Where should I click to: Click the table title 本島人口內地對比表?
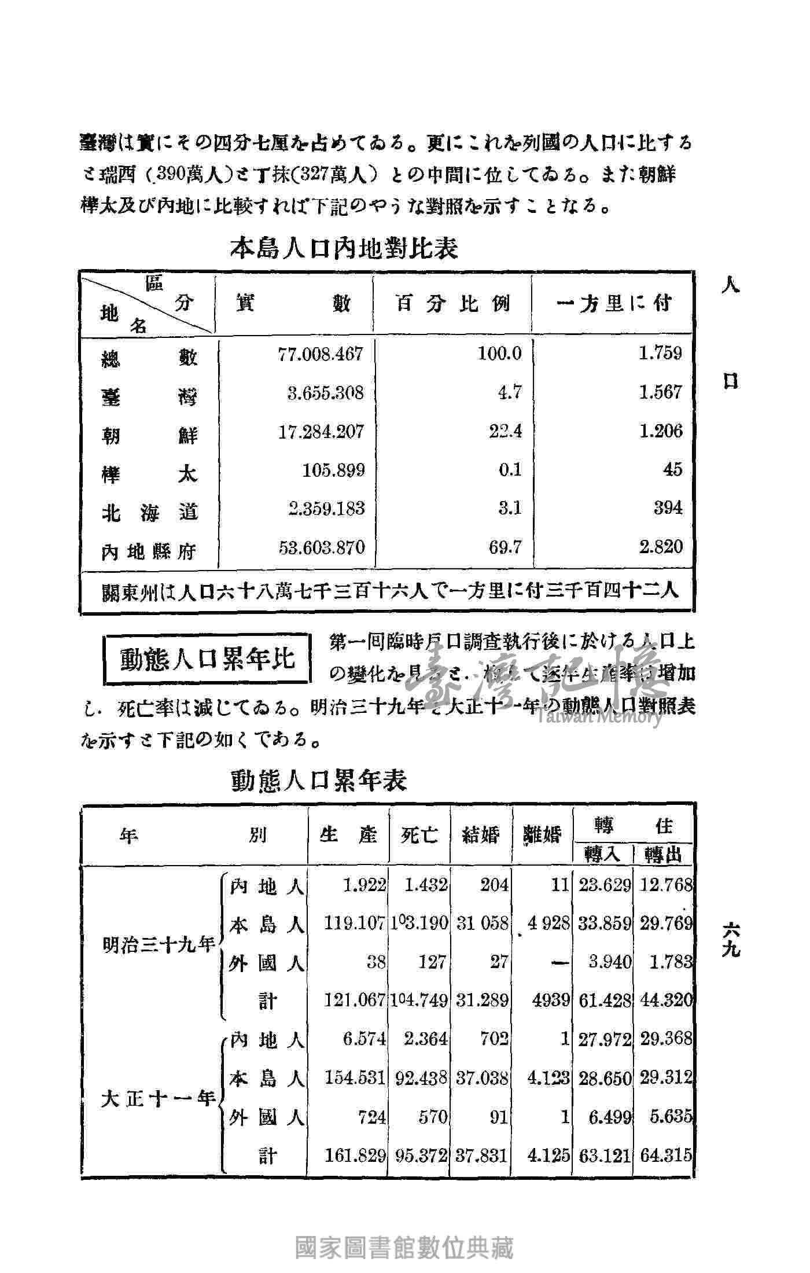coord(344,248)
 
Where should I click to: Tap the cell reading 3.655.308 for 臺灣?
coord(326,393)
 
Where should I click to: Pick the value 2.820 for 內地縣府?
coord(661,546)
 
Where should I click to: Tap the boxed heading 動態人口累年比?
coord(207,659)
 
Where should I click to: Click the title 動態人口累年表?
coord(319,780)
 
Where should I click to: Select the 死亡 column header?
coord(419,835)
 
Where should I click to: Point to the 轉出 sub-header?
coord(664,855)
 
